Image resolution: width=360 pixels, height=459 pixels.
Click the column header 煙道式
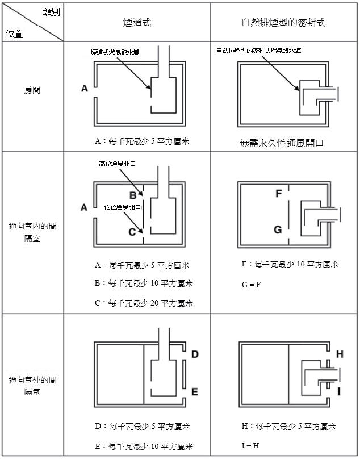point(137,23)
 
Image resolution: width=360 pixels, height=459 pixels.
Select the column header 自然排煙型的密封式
point(283,23)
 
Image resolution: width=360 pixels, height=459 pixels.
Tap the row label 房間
point(32,90)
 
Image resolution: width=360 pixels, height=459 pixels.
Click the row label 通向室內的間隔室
point(32,232)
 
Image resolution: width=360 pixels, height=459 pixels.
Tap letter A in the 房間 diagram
point(84,88)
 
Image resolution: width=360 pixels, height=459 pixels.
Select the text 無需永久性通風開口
point(281,143)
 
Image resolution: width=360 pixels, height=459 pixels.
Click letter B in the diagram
point(132,195)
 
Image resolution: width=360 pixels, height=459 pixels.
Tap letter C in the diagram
point(132,231)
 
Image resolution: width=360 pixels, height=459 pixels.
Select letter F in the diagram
point(278,194)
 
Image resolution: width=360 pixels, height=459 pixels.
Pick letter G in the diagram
point(278,229)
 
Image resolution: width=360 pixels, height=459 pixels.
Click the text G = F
point(251,284)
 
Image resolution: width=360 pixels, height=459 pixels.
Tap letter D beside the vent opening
point(194,354)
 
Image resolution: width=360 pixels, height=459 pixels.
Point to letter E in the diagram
point(194,391)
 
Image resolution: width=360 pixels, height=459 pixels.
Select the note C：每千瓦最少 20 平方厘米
point(144,303)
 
